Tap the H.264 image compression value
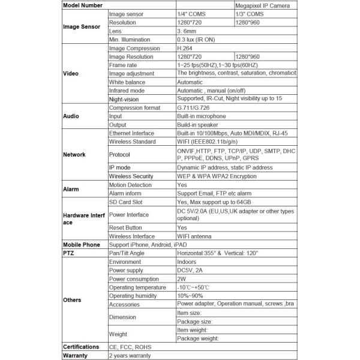[187, 48]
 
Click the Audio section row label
[71, 116]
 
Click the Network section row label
[74, 154]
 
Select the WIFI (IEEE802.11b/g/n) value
[207, 142]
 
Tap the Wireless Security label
[131, 177]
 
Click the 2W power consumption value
[181, 279]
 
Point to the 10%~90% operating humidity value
[190, 296]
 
